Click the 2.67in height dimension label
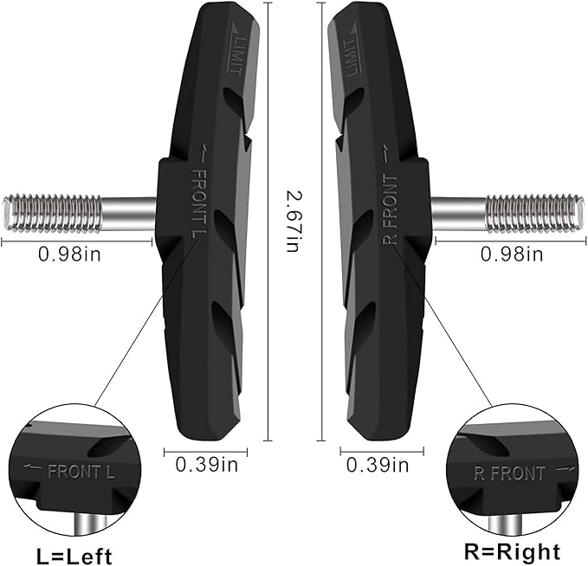click(293, 222)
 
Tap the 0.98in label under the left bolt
click(69, 254)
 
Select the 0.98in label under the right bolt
click(512, 254)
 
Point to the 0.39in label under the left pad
click(206, 465)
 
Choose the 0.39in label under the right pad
click(378, 465)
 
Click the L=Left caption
click(74, 556)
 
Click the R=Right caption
click(512, 552)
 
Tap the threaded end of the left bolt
click(52, 213)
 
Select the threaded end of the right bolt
click(535, 213)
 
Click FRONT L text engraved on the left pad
click(199, 203)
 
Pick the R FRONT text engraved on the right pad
click(390, 209)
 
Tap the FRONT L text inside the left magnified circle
click(81, 472)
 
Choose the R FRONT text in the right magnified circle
click(509, 473)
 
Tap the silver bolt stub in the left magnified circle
click(91, 524)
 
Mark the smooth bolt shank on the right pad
click(458, 213)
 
